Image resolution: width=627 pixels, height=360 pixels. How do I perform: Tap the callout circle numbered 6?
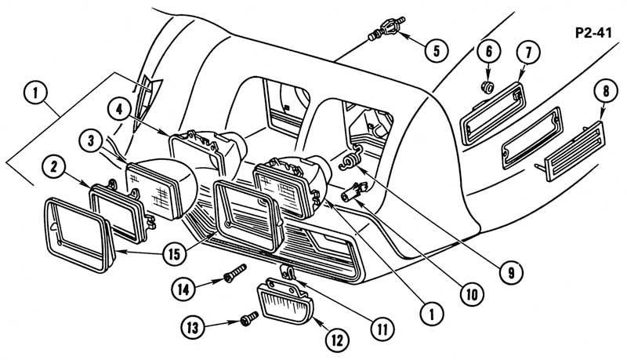click(487, 53)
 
